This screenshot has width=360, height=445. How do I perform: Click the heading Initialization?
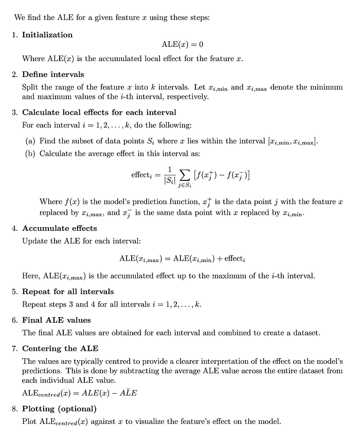(x=47, y=35)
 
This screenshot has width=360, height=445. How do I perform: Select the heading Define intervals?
(x=53, y=75)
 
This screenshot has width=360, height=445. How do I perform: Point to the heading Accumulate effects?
(x=59, y=228)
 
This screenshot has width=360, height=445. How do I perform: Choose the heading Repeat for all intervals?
(x=68, y=291)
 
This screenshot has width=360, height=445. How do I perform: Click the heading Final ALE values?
(x=56, y=320)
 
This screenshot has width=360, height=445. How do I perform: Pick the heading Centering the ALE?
(x=60, y=348)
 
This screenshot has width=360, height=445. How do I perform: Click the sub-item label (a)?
(x=30, y=141)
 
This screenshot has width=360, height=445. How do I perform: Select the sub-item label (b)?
(x=30, y=154)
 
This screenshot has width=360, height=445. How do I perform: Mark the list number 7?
(x=15, y=348)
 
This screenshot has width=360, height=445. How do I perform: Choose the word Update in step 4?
(x=34, y=241)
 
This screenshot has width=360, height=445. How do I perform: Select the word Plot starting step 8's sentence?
(x=29, y=422)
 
